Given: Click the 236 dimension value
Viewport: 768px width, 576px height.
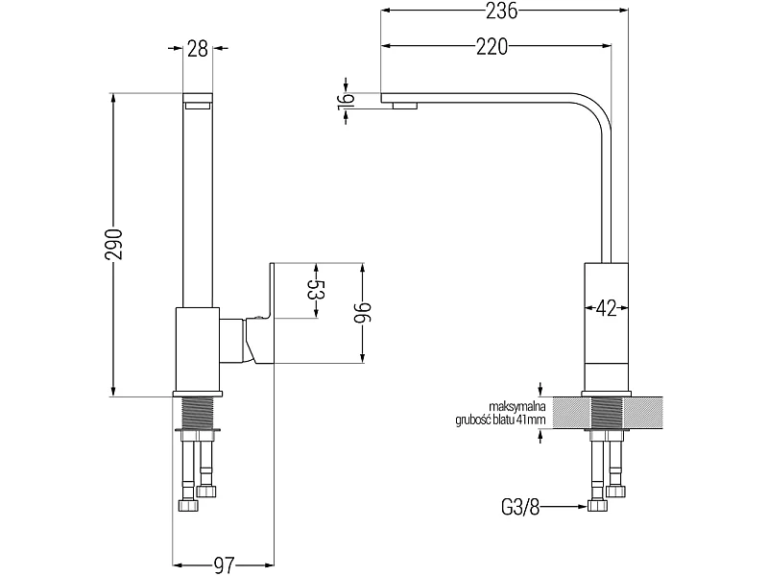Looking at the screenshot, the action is [x=501, y=11].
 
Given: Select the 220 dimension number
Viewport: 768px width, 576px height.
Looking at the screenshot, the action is [x=492, y=46].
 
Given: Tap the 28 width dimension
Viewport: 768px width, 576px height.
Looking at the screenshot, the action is [x=198, y=49].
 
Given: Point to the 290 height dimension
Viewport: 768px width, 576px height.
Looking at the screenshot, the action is [x=114, y=244].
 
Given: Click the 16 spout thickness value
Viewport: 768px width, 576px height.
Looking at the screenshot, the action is [x=346, y=102].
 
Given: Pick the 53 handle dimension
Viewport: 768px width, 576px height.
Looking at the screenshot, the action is [x=317, y=291].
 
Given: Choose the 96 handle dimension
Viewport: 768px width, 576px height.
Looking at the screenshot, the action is [x=364, y=313].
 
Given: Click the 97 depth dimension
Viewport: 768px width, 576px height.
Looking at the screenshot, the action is [x=225, y=565].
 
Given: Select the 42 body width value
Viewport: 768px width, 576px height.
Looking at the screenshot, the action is [x=606, y=308].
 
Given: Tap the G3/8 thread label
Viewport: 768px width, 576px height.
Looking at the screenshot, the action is [x=520, y=507].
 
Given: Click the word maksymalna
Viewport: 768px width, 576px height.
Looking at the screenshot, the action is [x=518, y=406].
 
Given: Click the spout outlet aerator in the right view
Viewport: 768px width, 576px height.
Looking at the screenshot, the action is [x=404, y=106].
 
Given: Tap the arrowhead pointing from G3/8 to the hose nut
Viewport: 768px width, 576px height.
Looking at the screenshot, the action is [x=583, y=507].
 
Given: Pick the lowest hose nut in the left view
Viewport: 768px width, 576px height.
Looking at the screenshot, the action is [x=189, y=505].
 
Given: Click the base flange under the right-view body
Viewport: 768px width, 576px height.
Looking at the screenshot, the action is [x=607, y=394].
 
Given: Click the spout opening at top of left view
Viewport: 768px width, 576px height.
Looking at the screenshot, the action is [x=198, y=105].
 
